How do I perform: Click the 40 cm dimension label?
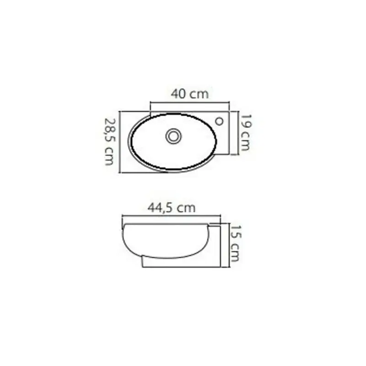[x=189, y=94]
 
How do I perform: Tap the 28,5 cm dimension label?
[x=109, y=142]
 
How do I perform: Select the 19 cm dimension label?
[x=246, y=132]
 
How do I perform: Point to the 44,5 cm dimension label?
[x=171, y=208]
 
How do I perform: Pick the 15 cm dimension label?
[x=235, y=243]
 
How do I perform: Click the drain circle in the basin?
[x=173, y=136]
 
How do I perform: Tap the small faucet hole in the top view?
[x=219, y=121]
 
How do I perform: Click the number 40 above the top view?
[x=178, y=94]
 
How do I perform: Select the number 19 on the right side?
[x=246, y=121]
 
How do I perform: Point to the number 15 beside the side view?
[x=235, y=232]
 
